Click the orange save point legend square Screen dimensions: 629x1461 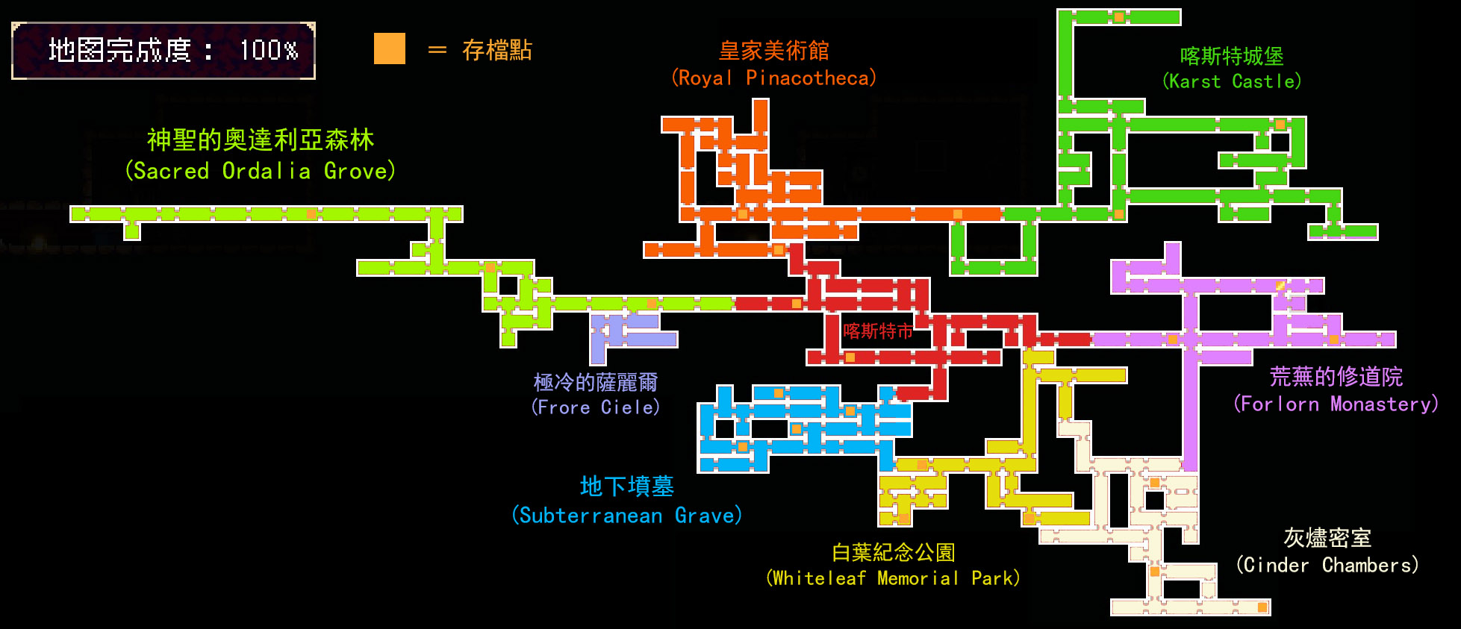389,48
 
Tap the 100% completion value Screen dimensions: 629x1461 269,50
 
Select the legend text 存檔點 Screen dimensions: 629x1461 496,50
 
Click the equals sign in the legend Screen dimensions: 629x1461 437,50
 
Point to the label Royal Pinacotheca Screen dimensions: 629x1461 773,78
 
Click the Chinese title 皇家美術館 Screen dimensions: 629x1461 773,51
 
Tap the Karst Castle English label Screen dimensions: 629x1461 1232,81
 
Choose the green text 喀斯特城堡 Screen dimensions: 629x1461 1232,56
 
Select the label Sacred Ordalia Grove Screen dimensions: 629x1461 260,171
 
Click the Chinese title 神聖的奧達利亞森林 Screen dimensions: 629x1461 260,140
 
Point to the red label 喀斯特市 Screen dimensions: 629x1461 877,331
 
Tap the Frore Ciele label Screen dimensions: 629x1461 595,407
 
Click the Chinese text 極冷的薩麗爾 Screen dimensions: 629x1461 595,382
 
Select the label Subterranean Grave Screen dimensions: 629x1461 626,516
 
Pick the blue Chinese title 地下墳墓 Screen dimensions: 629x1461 626,486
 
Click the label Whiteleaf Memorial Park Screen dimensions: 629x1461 893,578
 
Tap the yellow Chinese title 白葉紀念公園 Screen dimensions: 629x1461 893,552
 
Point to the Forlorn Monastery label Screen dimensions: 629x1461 1336,404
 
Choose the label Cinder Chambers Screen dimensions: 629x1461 1327,565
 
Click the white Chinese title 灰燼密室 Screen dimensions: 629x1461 1327,537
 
